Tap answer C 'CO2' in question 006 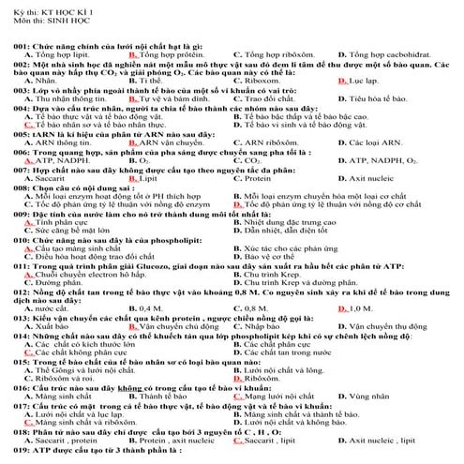click(x=247, y=161)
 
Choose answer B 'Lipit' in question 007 click(x=141, y=179)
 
